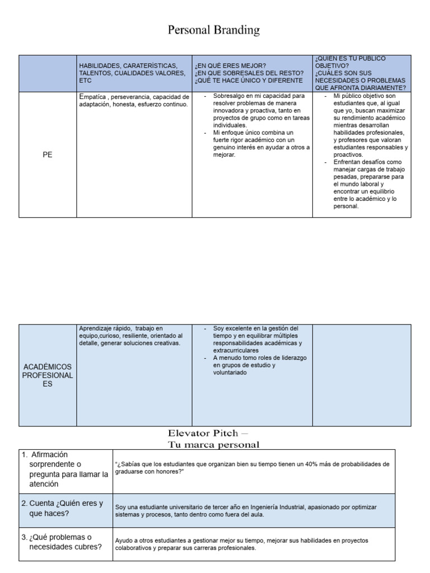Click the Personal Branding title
click(214, 30)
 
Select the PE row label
click(48, 155)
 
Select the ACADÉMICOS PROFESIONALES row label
click(48, 375)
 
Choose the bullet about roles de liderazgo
click(258, 364)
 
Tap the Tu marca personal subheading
click(214, 444)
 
